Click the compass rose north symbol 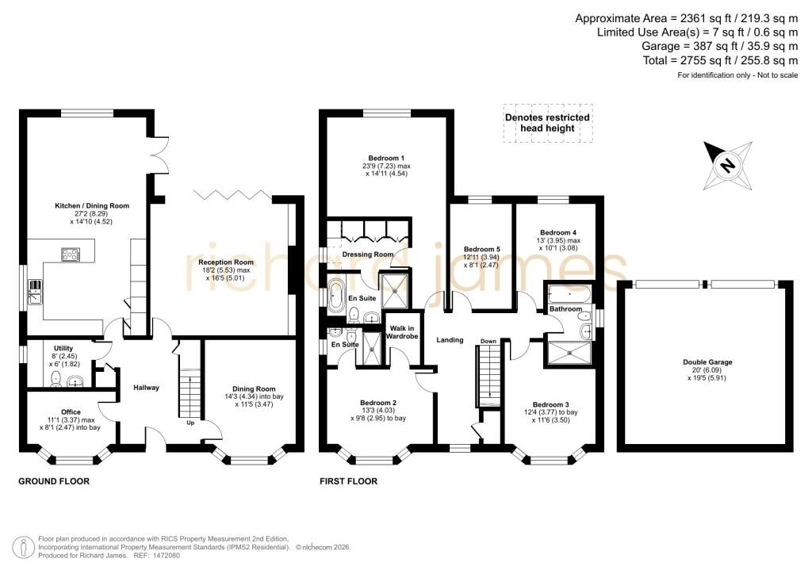pyautogui.click(x=728, y=165)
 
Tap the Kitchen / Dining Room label pyautogui.click(x=92, y=205)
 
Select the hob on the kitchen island pyautogui.click(x=71, y=254)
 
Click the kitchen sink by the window pyautogui.click(x=35, y=292)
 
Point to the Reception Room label pyautogui.click(x=226, y=262)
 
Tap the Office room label pyautogui.click(x=71, y=412)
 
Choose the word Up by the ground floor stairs pyautogui.click(x=190, y=423)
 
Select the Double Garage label pyautogui.click(x=707, y=362)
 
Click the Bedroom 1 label pyautogui.click(x=386, y=158)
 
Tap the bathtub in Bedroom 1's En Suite pyautogui.click(x=336, y=295)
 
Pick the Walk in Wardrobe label pyautogui.click(x=402, y=332)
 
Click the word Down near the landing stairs pyautogui.click(x=488, y=341)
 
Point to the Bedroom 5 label pyautogui.click(x=482, y=249)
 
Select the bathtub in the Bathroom pyautogui.click(x=568, y=294)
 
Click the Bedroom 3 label pyautogui.click(x=551, y=404)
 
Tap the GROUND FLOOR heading pyautogui.click(x=54, y=481)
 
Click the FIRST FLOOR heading pyautogui.click(x=349, y=481)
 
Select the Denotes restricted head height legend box pyautogui.click(x=548, y=123)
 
